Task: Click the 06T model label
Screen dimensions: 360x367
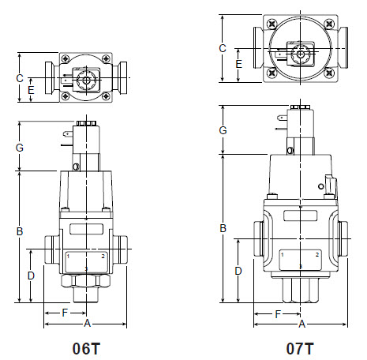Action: click(87, 347)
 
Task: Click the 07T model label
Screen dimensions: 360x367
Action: click(300, 347)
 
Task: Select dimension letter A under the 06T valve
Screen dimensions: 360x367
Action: click(87, 324)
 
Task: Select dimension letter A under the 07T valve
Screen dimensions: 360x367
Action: click(301, 324)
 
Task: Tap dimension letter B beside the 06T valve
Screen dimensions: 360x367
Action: click(20, 231)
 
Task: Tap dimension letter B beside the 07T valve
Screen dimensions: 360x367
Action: click(223, 228)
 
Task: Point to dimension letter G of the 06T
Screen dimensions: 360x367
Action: click(20, 147)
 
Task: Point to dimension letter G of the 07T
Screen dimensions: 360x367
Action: click(223, 129)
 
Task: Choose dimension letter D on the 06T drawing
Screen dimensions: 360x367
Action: click(31, 276)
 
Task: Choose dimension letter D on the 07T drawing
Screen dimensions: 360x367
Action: click(237, 272)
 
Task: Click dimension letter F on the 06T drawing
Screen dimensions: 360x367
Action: click(65, 313)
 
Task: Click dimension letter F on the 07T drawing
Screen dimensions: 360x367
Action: click(277, 313)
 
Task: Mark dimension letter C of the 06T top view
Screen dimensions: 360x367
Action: click(20, 77)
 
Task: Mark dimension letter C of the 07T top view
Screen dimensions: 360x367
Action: click(223, 48)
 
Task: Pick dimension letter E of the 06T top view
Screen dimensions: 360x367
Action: click(31, 90)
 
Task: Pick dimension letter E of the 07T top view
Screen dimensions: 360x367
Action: click(238, 63)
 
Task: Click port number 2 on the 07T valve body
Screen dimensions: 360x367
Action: click(317, 255)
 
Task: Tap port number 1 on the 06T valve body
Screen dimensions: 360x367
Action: click(69, 257)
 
